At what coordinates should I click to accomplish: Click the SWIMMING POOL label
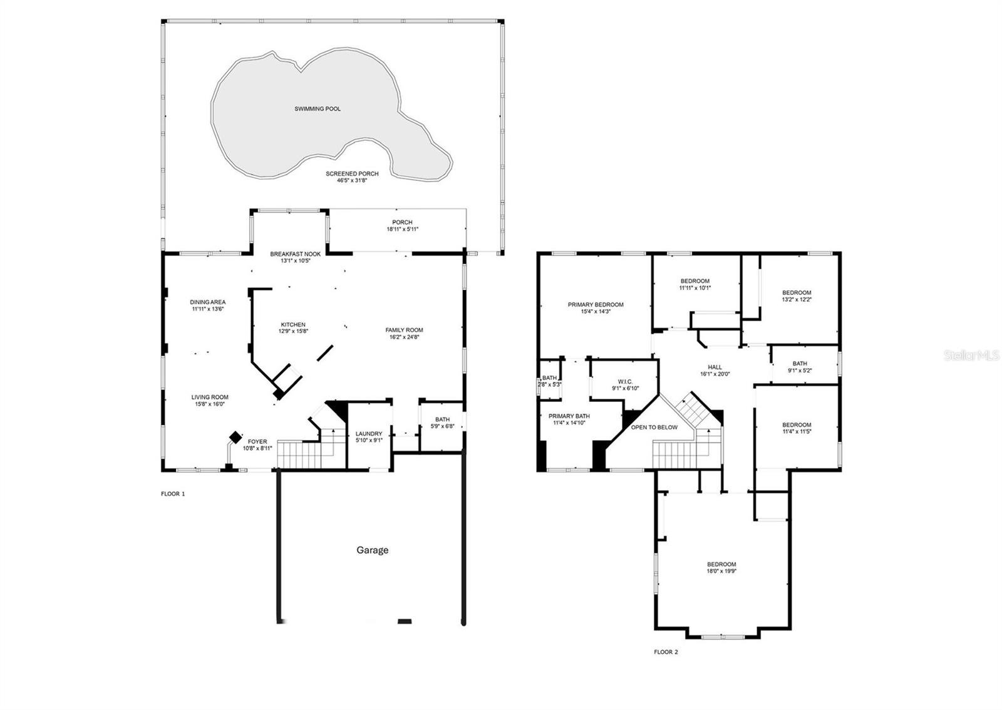click(318, 109)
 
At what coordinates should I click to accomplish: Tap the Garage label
click(372, 550)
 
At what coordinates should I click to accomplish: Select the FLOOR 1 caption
click(173, 494)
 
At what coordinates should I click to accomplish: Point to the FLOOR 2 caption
click(666, 652)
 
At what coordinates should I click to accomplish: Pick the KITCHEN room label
click(292, 324)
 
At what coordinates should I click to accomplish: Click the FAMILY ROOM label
click(404, 330)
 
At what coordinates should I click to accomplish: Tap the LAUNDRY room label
click(369, 434)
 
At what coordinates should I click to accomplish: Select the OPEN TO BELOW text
click(654, 428)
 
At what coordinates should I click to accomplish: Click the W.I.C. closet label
click(625, 381)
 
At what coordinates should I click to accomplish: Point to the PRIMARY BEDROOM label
click(596, 305)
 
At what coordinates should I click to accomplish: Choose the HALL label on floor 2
click(715, 368)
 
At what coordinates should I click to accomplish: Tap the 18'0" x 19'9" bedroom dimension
click(721, 571)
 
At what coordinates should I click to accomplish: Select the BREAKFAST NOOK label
click(295, 254)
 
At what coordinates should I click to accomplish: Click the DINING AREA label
click(208, 302)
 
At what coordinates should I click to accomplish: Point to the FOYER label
click(257, 441)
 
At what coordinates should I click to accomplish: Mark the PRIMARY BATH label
click(569, 416)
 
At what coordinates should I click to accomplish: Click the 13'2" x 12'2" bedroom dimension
click(797, 299)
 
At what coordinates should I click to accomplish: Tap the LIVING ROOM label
click(210, 397)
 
